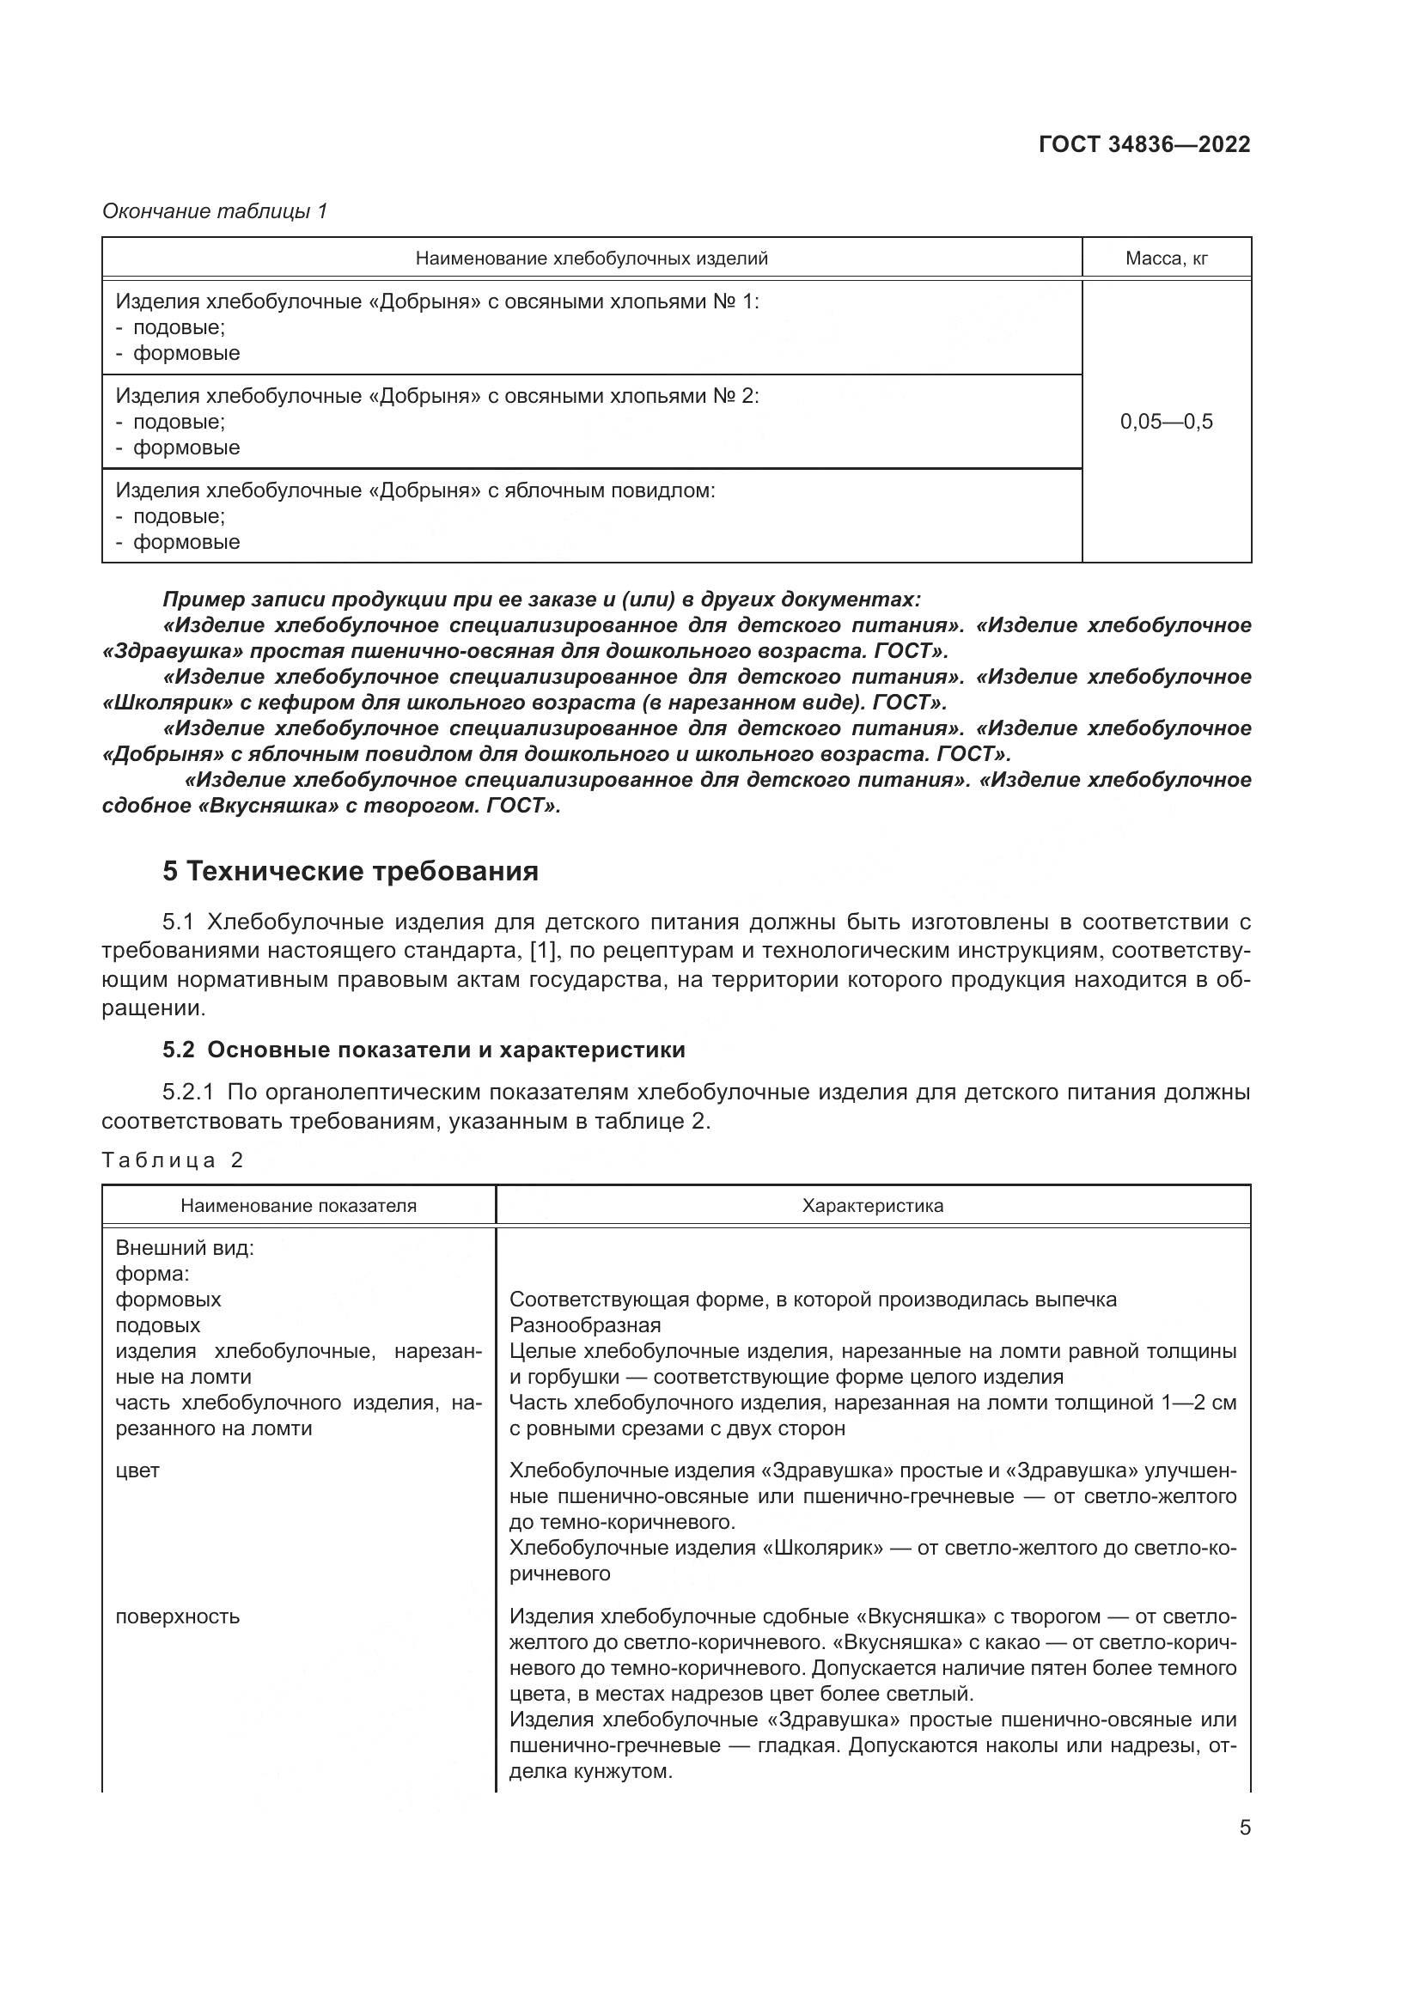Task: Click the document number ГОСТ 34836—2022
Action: (x=1144, y=144)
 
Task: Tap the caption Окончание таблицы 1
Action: (x=215, y=211)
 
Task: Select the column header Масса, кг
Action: (x=1166, y=259)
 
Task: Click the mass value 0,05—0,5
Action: (x=1166, y=422)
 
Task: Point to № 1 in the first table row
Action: (x=733, y=301)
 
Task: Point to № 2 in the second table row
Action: (x=733, y=396)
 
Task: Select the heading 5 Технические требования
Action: (x=350, y=872)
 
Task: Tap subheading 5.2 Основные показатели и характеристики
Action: (x=424, y=1050)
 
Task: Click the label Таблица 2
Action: (x=173, y=1160)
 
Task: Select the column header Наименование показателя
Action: (x=298, y=1206)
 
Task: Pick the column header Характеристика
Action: (x=872, y=1206)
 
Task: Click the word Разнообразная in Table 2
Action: (x=584, y=1324)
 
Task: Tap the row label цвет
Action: (x=137, y=1470)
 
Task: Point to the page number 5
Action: (x=1244, y=1828)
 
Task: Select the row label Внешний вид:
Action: (x=184, y=1248)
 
